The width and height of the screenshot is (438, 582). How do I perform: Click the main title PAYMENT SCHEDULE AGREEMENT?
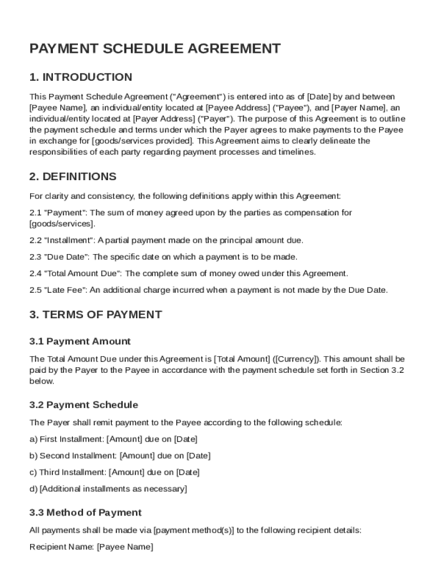155,49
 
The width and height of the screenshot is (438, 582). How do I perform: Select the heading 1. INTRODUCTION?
81,77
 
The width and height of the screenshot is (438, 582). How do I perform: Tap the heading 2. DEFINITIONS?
73,177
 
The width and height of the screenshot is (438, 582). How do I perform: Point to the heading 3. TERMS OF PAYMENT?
96,315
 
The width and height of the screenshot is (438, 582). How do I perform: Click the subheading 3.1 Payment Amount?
80,342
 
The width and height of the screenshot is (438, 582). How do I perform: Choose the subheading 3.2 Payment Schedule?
84,405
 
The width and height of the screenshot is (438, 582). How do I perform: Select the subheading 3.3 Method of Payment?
85,513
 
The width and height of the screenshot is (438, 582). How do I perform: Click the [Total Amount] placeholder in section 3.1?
242,359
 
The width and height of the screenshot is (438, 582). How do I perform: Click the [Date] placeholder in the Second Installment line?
199,456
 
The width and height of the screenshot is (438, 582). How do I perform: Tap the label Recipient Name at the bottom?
61,547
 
